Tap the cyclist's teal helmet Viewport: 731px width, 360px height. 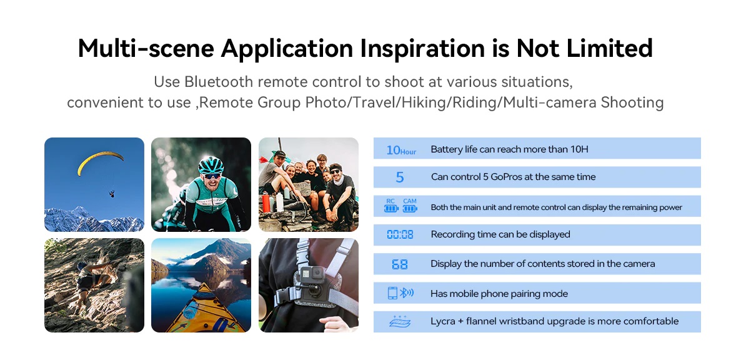click(211, 165)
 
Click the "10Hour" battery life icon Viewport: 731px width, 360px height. click(401, 150)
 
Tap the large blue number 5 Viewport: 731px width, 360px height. click(399, 177)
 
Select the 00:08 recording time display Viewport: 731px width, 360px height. click(400, 234)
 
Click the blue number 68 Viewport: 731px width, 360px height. click(399, 264)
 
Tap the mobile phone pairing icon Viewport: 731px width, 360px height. click(400, 293)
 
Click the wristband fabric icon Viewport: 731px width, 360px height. click(400, 322)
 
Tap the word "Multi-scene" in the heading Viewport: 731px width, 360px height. click(146, 48)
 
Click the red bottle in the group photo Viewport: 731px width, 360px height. click(266, 203)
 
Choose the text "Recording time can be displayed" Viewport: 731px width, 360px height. click(500, 234)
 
